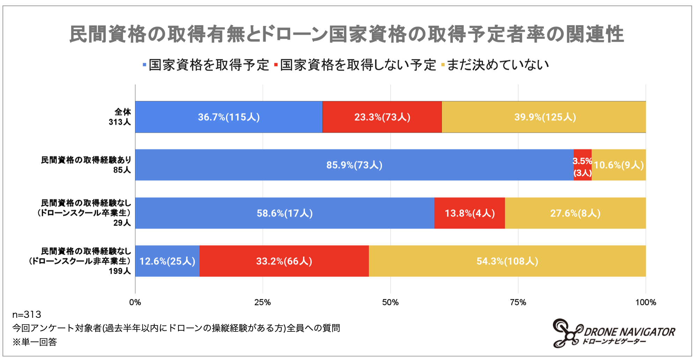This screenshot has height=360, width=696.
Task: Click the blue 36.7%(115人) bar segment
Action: pos(229,117)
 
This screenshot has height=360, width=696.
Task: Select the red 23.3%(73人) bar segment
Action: pos(382,117)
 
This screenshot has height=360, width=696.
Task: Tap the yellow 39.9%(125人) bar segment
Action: pos(544,117)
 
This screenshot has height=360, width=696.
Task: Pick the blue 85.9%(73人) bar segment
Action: pos(354,165)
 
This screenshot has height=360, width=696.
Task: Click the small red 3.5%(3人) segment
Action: pos(582,165)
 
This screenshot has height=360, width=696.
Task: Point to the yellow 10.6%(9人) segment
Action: pos(619,165)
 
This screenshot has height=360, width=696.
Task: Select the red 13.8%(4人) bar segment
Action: pos(469,213)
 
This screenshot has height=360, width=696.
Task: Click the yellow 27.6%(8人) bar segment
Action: pos(575,213)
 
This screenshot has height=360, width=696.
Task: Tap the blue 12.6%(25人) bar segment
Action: pos(167,261)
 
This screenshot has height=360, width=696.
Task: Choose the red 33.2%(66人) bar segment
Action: pos(284,261)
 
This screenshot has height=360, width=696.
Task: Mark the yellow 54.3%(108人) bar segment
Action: pos(507,261)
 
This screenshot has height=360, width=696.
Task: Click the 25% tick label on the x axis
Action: pos(262,302)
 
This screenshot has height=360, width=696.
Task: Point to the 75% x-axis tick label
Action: pos(518,302)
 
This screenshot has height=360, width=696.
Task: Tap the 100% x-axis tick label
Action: pos(645,302)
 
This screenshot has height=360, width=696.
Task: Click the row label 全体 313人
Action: pos(120,117)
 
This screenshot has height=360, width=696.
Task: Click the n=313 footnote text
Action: pos(27,315)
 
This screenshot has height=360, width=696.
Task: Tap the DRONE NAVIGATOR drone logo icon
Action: pos(567,333)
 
